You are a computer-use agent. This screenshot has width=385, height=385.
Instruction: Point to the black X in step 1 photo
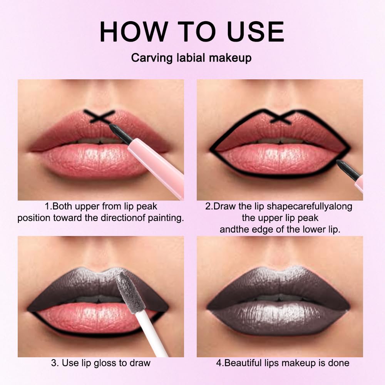[x=99, y=117]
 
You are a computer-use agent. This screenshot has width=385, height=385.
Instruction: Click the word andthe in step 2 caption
[x=232, y=229]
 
